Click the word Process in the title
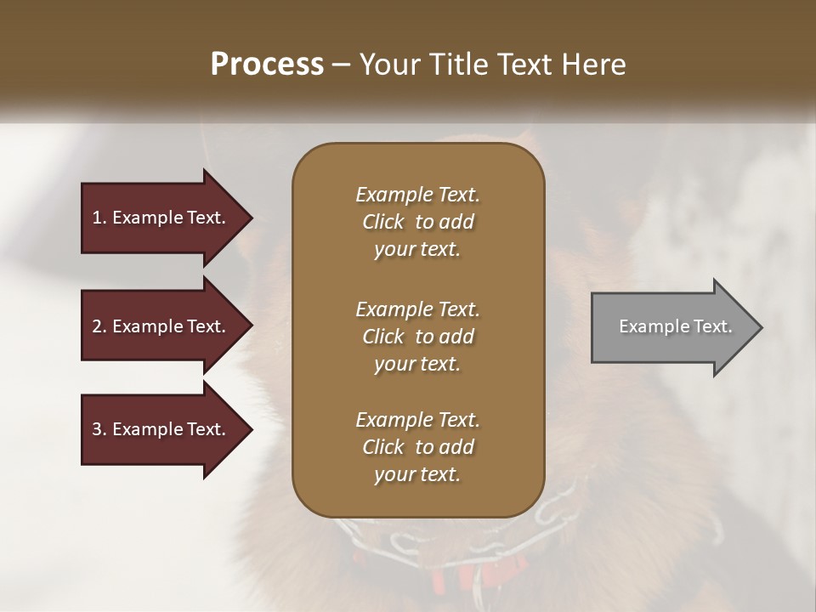coord(267,65)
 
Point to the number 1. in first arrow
coord(99,218)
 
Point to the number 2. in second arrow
coord(99,326)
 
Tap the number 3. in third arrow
coord(99,429)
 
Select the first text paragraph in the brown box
coord(417,222)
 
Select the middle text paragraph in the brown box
coord(417,337)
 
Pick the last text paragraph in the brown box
coord(417,447)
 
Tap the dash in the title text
coord(342,65)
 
